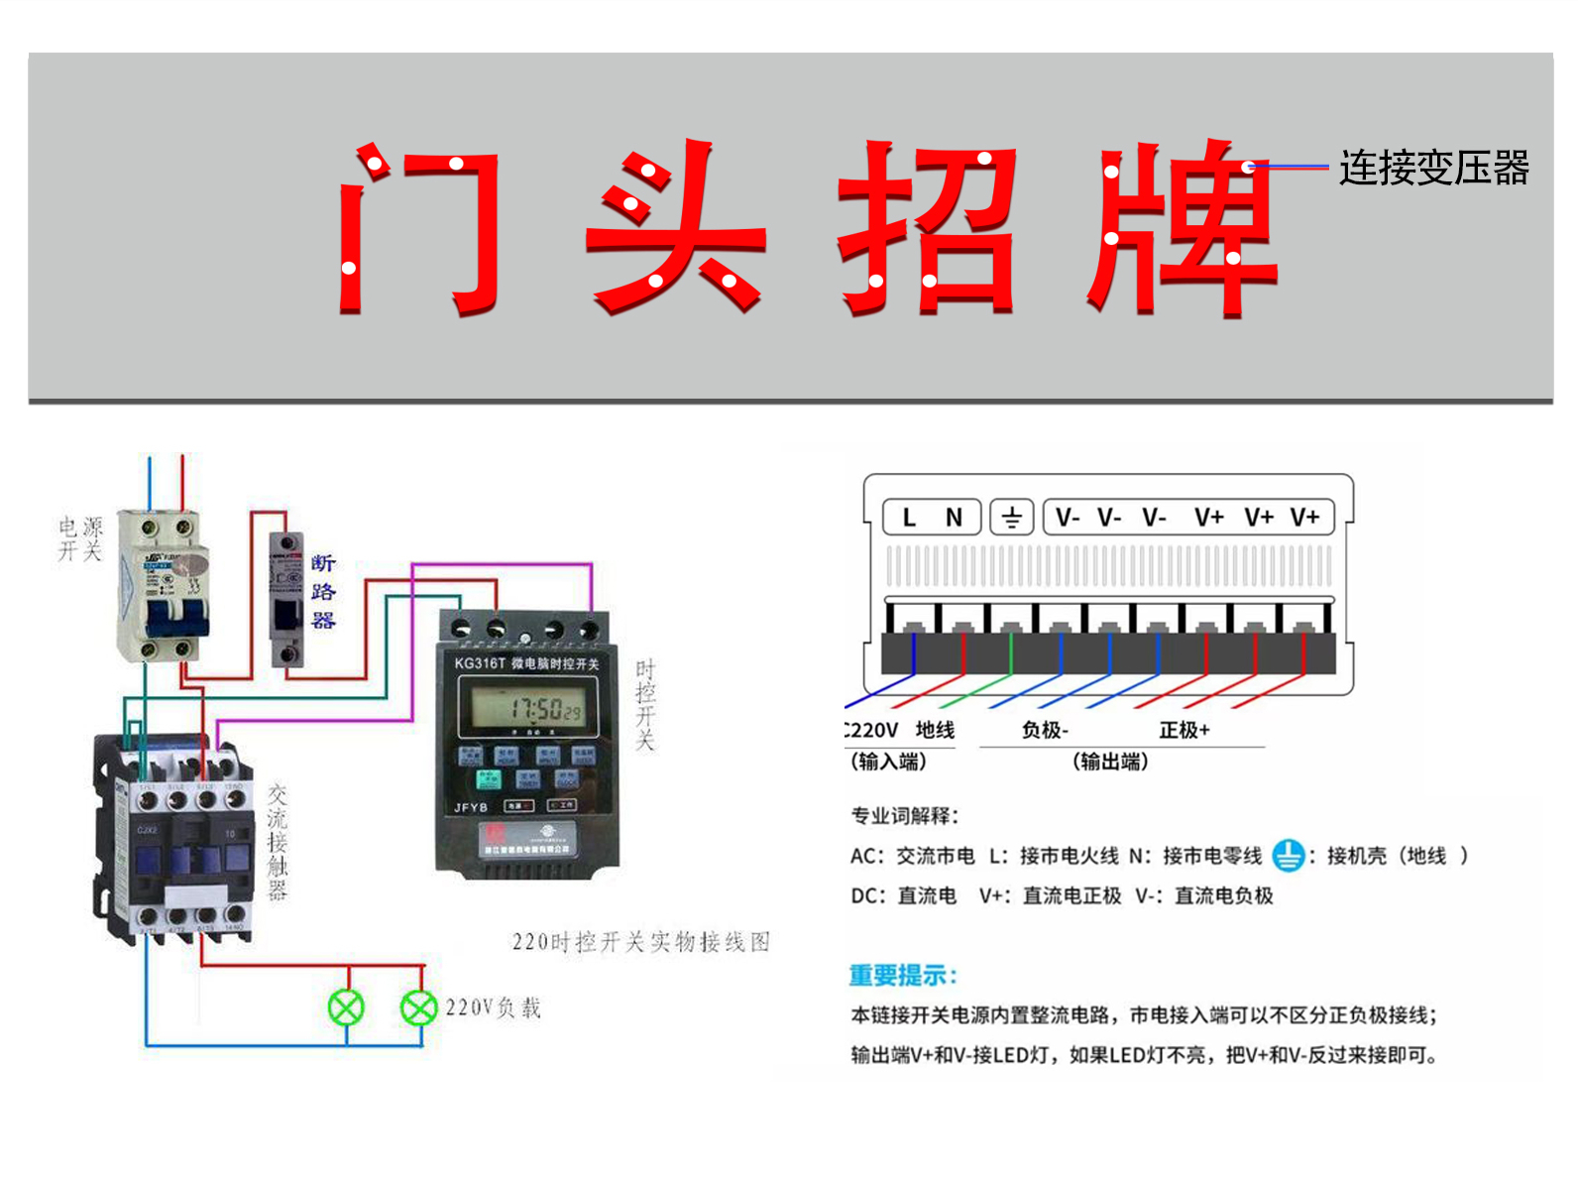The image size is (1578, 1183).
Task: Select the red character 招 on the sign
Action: (928, 228)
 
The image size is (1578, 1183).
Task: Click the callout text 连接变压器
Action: (1433, 169)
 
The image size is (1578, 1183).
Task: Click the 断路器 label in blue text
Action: (323, 592)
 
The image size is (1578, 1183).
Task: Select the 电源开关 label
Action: (80, 538)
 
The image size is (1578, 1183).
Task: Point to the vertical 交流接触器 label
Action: (278, 841)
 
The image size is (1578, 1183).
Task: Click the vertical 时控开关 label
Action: (645, 704)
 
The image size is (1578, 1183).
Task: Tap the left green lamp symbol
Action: (346, 1007)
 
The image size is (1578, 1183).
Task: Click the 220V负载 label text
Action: (493, 1008)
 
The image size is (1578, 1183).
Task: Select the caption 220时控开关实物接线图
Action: (640, 942)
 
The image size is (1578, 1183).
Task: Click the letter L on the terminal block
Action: (909, 518)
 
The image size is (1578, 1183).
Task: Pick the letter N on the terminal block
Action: (954, 518)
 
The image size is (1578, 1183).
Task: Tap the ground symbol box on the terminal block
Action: (1012, 518)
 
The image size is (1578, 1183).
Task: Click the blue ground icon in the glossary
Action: (1288, 855)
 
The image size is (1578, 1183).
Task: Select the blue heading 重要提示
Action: (903, 976)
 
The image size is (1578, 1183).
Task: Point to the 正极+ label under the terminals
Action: (1184, 731)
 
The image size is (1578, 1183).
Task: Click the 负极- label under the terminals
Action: (1045, 731)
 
